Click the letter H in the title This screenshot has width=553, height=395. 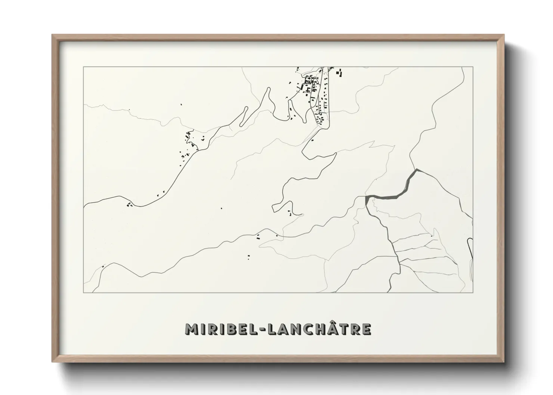pos(313,329)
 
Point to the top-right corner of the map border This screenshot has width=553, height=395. pos(473,67)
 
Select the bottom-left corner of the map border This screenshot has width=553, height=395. pos(83,292)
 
